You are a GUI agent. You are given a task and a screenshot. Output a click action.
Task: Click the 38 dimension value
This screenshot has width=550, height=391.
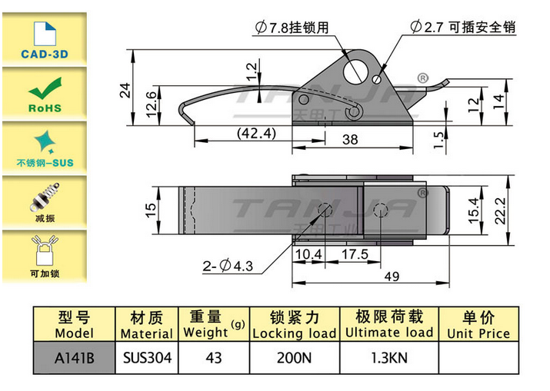(x=350, y=139)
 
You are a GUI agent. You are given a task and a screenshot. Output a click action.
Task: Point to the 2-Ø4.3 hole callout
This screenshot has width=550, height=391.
(x=228, y=267)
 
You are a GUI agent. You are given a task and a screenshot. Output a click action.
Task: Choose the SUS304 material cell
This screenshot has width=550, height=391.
(x=146, y=356)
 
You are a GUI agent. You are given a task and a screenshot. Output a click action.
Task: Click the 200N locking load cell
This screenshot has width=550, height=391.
(x=294, y=356)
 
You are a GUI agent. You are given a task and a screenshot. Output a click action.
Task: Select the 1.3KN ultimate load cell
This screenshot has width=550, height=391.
(x=389, y=356)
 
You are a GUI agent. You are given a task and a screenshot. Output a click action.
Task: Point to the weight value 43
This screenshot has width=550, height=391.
(x=213, y=356)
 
